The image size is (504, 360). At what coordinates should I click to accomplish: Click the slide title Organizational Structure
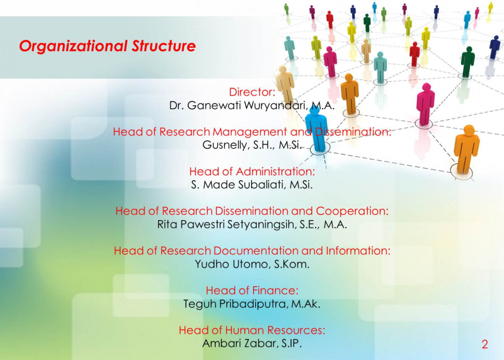(x=107, y=47)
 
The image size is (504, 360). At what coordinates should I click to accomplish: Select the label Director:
(x=252, y=92)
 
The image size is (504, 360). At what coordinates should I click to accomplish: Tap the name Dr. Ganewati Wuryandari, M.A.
(x=251, y=105)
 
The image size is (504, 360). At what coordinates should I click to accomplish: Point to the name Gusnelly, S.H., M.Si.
(x=252, y=145)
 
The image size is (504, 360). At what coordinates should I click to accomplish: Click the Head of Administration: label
(x=252, y=171)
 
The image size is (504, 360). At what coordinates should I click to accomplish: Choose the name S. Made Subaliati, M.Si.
(x=252, y=185)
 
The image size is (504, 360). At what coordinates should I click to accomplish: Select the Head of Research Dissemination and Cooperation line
(x=252, y=211)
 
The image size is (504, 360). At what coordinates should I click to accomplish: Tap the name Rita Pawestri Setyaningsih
(x=233, y=224)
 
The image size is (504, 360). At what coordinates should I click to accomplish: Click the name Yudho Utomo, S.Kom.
(x=252, y=264)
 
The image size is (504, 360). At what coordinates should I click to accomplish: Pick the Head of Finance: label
(x=252, y=290)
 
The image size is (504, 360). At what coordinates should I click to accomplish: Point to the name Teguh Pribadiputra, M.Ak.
(x=252, y=304)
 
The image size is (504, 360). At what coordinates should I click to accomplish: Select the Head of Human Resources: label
(x=252, y=330)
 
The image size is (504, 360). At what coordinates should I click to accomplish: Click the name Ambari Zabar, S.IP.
(x=252, y=344)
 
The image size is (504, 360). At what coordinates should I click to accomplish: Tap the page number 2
(x=484, y=344)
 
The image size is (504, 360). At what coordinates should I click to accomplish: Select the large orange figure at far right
(x=466, y=148)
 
